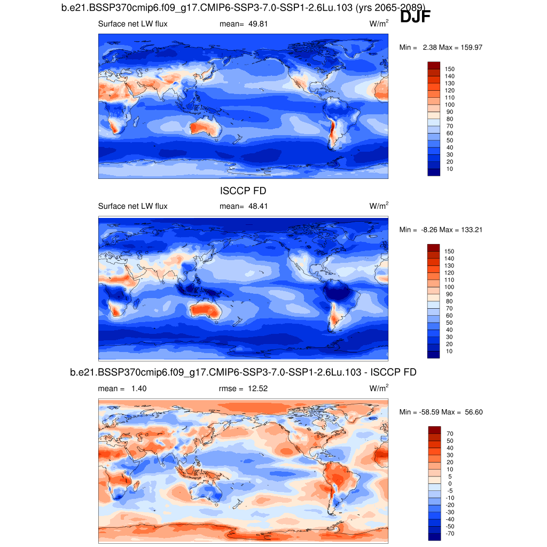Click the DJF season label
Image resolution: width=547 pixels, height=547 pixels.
pyautogui.click(x=415, y=17)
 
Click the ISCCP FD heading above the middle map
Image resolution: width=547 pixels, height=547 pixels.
pyautogui.click(x=243, y=191)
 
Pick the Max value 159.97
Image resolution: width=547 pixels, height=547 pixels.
pyautogui.click(x=471, y=48)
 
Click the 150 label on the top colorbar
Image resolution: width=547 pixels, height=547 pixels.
pyautogui.click(x=450, y=69)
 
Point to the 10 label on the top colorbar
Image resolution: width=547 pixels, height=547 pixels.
pyautogui.click(x=450, y=169)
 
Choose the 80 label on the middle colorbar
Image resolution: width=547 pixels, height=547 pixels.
pyautogui.click(x=450, y=301)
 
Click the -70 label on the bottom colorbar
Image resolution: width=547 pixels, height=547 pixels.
pyautogui.click(x=450, y=533)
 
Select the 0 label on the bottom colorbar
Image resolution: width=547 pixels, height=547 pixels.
pyautogui.click(x=450, y=483)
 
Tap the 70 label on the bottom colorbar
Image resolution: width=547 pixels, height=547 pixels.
pyautogui.click(x=450, y=434)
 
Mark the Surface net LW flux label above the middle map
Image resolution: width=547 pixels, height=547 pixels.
pyautogui.click(x=132, y=206)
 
